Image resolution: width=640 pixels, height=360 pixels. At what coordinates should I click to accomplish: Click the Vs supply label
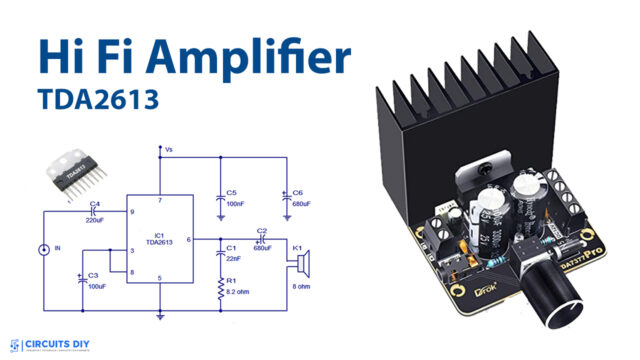click(x=169, y=151)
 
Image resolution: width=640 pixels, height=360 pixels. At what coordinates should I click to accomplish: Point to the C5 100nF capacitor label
click(x=232, y=198)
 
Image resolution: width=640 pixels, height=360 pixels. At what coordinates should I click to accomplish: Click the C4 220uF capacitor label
click(x=96, y=210)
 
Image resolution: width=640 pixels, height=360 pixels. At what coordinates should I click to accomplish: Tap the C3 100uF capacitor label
click(x=95, y=281)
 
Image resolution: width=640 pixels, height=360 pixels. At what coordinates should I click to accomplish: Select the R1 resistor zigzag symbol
click(x=218, y=290)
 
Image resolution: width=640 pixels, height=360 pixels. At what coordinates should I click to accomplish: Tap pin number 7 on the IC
click(x=160, y=201)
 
